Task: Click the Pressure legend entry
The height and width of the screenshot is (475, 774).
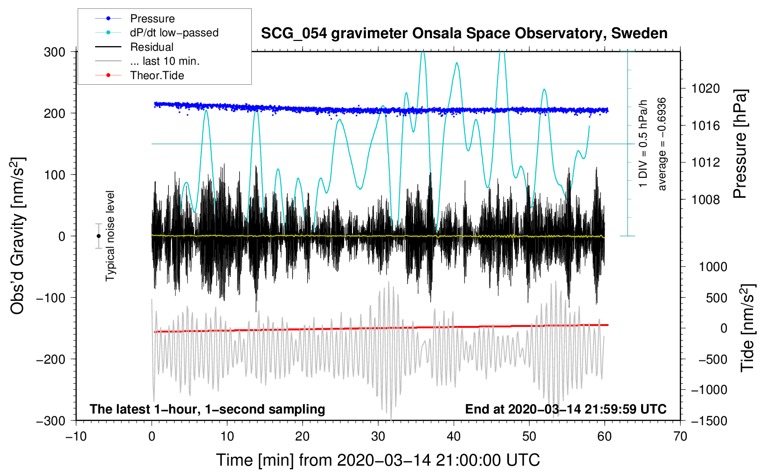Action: tap(152, 19)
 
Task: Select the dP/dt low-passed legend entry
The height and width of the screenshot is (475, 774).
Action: tap(174, 33)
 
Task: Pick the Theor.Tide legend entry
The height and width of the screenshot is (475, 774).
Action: tap(157, 75)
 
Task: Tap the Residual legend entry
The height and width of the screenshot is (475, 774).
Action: tap(152, 47)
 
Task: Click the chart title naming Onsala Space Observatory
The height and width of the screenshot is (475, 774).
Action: tap(464, 34)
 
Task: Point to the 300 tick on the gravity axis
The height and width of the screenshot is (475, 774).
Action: tap(55, 52)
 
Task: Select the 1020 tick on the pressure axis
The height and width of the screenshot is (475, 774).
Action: tap(705, 88)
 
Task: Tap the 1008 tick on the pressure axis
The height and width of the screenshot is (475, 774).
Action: tap(705, 200)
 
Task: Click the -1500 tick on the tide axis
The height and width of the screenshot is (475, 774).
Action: tap(709, 421)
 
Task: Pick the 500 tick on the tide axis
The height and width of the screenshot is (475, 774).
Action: tap(716, 298)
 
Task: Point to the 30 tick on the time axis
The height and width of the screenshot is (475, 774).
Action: tap(378, 436)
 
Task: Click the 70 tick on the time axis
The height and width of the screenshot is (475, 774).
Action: tap(680, 436)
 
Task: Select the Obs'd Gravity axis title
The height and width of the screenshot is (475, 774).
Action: tap(17, 236)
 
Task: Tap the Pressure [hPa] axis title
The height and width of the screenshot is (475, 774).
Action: tap(740, 144)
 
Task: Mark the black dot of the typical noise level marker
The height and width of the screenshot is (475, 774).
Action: tap(98, 236)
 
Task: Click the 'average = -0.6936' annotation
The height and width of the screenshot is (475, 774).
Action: tap(662, 144)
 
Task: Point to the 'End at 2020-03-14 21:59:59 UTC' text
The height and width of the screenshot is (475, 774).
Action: tap(566, 409)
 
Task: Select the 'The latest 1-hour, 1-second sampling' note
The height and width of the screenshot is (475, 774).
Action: tap(207, 409)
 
